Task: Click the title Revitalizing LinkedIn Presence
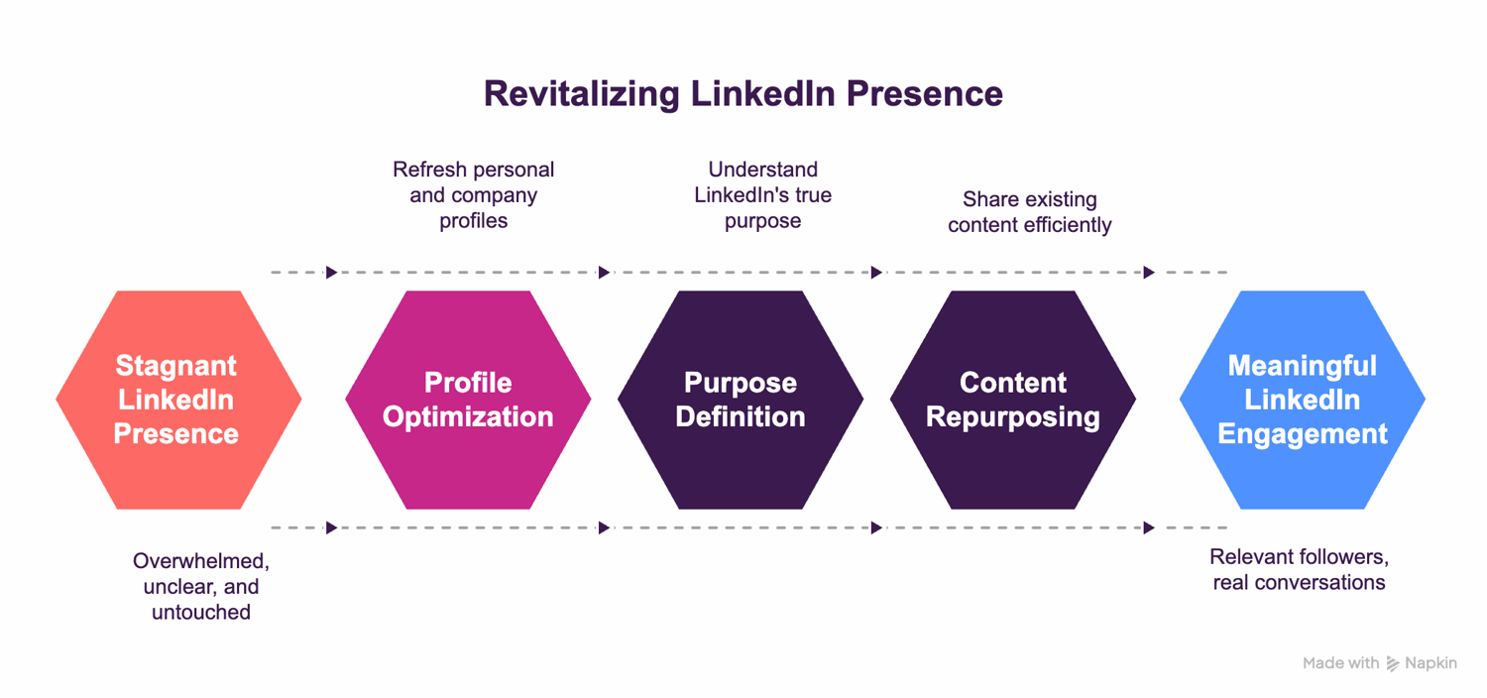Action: pos(743,93)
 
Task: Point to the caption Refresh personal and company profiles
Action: pos(473,195)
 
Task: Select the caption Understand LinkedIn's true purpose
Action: pos(762,195)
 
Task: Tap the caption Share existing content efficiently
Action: pos(1029,212)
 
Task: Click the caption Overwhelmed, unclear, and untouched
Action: pos(201,586)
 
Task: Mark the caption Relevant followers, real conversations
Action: pos(1299,569)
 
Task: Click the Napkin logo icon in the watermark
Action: pos(1393,663)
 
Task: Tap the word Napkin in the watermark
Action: pos(1431,663)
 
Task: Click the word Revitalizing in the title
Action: pos(581,93)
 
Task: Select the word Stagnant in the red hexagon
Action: pos(176,366)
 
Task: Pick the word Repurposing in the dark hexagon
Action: pos(1013,416)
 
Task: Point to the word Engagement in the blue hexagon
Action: pos(1303,433)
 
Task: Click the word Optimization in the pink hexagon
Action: pos(468,416)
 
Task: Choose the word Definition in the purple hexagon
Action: pos(741,416)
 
